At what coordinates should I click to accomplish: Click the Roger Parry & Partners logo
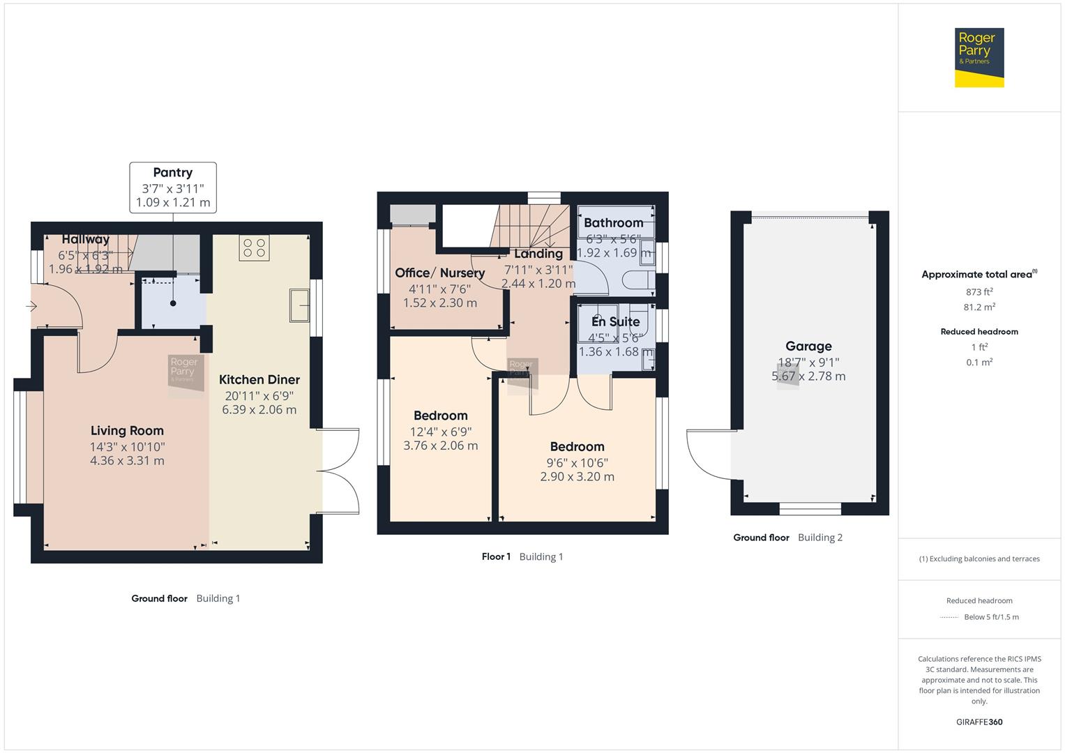[x=979, y=57]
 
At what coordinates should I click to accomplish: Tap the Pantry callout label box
[x=173, y=188]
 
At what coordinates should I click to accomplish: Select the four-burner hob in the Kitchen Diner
[x=254, y=248]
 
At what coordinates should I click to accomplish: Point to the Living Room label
[x=127, y=431]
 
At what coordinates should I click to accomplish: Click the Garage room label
[x=808, y=347]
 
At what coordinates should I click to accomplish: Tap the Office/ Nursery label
[x=439, y=273]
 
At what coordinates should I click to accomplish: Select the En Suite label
[x=615, y=321]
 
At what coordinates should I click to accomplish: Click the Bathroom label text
[x=613, y=223]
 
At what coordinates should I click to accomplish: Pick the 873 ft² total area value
[x=979, y=292]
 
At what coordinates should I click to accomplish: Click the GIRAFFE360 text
[x=979, y=722]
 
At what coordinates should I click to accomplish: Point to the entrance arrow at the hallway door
[x=31, y=306]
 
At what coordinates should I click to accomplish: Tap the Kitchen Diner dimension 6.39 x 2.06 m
[x=259, y=410]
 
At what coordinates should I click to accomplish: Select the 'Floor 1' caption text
[x=496, y=556]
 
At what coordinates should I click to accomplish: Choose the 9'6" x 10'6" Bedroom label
[x=577, y=447]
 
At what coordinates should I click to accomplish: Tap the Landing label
[x=538, y=254]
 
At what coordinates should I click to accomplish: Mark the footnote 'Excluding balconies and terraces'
[x=979, y=558]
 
